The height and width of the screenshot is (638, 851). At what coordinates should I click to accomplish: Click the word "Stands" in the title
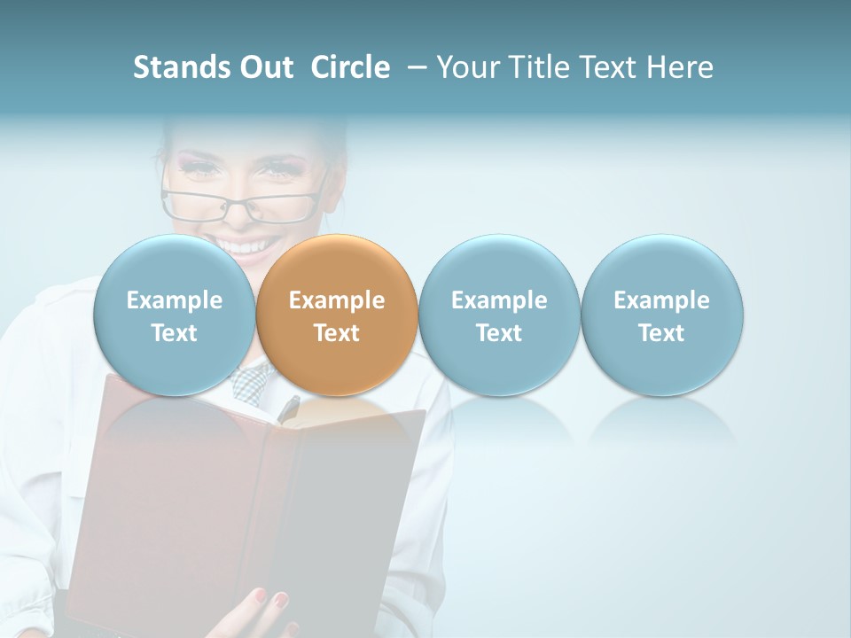pyautogui.click(x=180, y=67)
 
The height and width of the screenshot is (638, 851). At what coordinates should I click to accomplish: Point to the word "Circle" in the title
pyautogui.click(x=350, y=67)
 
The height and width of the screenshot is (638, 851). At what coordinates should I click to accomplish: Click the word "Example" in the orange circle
pyautogui.click(x=337, y=300)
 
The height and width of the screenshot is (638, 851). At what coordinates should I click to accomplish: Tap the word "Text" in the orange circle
pyautogui.click(x=337, y=333)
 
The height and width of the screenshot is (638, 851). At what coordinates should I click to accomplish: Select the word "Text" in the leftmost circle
pyautogui.click(x=175, y=333)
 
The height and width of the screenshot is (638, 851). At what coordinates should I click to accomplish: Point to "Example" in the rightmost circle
pyautogui.click(x=662, y=300)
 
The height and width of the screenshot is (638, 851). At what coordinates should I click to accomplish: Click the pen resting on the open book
pyautogui.click(x=289, y=408)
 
